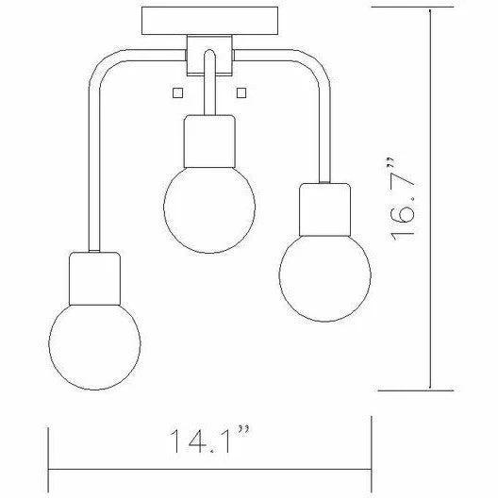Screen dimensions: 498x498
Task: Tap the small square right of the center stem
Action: pyautogui.click(x=242, y=91)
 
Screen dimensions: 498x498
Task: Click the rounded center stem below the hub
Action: pyautogui.click(x=208, y=75)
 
